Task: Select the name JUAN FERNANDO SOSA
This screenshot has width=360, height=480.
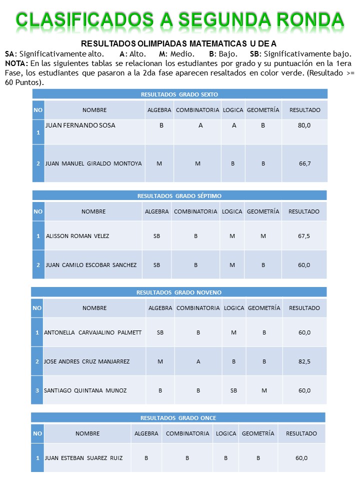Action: coord(80,125)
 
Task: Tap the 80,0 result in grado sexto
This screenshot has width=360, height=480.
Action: coord(304,125)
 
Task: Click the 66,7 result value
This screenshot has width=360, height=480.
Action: coord(305,163)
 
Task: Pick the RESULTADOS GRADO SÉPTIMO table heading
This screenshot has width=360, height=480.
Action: coord(179,196)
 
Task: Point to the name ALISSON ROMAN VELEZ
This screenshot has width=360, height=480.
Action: coord(77,236)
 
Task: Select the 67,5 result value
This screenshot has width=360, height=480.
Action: coord(304,236)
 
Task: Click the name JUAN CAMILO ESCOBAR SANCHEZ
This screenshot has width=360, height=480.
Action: coord(91,265)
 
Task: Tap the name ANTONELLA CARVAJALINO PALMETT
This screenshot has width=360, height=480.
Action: coord(92,332)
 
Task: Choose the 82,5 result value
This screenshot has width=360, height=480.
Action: coord(304,361)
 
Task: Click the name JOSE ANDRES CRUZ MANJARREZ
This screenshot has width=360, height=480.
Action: coord(86,361)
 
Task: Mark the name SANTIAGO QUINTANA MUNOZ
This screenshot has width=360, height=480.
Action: coord(85,390)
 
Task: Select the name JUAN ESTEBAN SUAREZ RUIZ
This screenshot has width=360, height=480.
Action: coord(83,457)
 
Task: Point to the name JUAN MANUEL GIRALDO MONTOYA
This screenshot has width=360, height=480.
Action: coord(93,163)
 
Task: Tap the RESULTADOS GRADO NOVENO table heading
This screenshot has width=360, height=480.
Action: coord(179,292)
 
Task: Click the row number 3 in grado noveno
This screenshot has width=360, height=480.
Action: coord(37,390)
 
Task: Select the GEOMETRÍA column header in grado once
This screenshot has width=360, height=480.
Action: coord(258,433)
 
